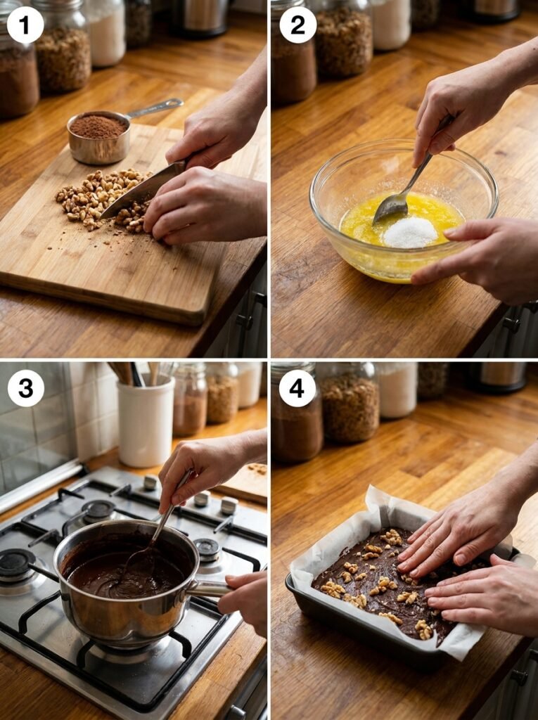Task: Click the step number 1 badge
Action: [25, 25]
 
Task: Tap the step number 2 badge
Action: [297, 25]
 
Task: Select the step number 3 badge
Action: [25, 388]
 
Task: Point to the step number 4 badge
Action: [297, 388]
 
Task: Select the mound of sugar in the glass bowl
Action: [410, 232]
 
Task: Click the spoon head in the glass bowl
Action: [391, 207]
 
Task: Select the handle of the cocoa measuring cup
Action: [155, 108]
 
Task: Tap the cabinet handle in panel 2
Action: [511, 325]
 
